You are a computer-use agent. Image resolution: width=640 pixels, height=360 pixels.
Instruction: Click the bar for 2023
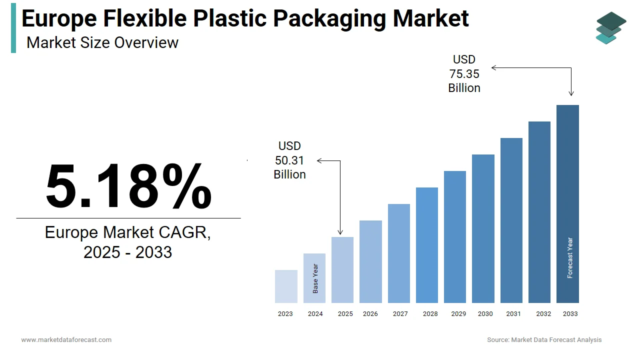pyautogui.click(x=286, y=286)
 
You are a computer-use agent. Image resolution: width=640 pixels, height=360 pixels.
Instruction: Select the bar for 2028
pyautogui.click(x=427, y=245)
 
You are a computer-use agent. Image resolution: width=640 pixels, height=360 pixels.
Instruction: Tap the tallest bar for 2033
pyautogui.click(x=567, y=200)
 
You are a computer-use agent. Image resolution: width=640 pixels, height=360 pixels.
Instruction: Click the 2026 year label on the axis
pyautogui.click(x=370, y=314)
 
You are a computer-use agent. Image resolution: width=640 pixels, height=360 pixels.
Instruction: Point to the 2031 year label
pyautogui.click(x=513, y=314)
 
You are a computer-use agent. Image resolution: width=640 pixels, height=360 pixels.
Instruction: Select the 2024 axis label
pyautogui.click(x=315, y=314)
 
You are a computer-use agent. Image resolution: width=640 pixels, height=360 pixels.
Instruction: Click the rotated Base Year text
pyautogui.click(x=315, y=278)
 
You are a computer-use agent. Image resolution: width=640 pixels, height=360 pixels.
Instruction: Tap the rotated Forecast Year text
pyautogui.click(x=570, y=257)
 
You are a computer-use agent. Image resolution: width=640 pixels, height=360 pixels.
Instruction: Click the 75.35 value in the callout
pyautogui.click(x=464, y=74)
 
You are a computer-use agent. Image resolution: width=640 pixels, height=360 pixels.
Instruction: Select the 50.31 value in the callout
pyautogui.click(x=289, y=160)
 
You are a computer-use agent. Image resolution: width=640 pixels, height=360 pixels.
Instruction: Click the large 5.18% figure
pyautogui.click(x=128, y=186)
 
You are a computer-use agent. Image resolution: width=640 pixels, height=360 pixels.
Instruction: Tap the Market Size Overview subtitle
pyautogui.click(x=102, y=42)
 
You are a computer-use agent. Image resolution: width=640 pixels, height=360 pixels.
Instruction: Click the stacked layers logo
pyautogui.click(x=610, y=27)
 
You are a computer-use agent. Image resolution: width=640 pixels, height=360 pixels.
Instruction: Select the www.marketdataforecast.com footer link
pyautogui.click(x=66, y=340)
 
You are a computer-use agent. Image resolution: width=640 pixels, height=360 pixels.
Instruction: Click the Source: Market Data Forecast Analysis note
pyautogui.click(x=544, y=340)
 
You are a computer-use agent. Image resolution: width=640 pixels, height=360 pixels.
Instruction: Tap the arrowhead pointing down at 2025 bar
pyautogui.click(x=340, y=232)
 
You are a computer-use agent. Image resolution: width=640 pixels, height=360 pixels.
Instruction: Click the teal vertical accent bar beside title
pyautogui.click(x=13, y=27)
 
